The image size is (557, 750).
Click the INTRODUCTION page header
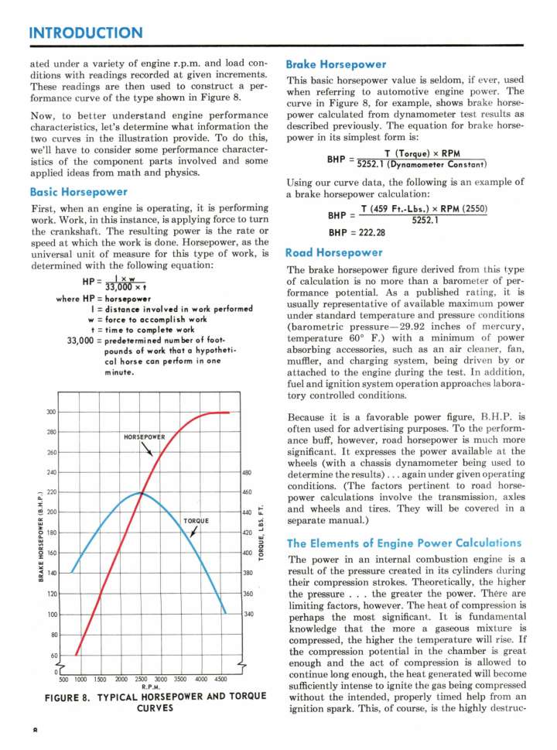pos(85,33)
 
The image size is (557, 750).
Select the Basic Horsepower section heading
pos(77,191)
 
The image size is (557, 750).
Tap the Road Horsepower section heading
pos(334,252)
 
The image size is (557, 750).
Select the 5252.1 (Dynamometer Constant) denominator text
pos(420,163)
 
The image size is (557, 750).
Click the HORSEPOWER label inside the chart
pos(145,437)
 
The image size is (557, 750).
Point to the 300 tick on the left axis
pos(51,413)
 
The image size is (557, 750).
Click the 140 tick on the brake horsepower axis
pos(51,573)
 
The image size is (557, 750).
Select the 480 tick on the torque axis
pos(248,472)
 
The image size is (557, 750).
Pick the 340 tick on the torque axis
pos(248,614)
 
